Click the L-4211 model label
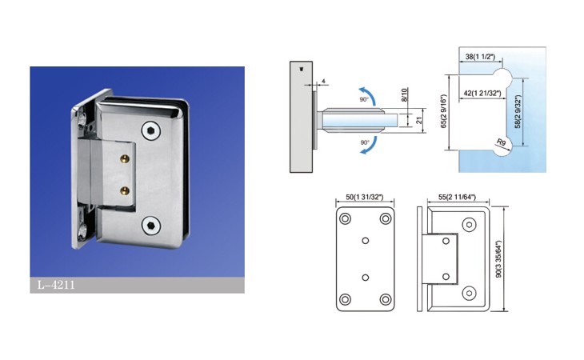pos(56,285)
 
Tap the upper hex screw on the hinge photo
pos(151,131)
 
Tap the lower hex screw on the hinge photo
pos(151,226)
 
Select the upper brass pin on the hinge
pos(125,159)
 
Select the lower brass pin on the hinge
pos(125,191)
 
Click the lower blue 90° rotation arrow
pos(369,146)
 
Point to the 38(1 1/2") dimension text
pos(481,57)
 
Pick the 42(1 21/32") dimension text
pos(482,93)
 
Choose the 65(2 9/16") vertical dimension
pos(443,111)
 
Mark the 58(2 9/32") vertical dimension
pos(518,112)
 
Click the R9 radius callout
pos(502,142)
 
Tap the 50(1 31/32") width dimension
pos(365,197)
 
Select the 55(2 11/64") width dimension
pos(457,197)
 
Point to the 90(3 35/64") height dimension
pos(499,258)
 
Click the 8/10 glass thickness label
pos(405,94)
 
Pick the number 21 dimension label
pos(419,120)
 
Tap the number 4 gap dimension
pos(324,81)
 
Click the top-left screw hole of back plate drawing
pos(346,218)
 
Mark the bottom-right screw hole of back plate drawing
pos(386,299)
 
